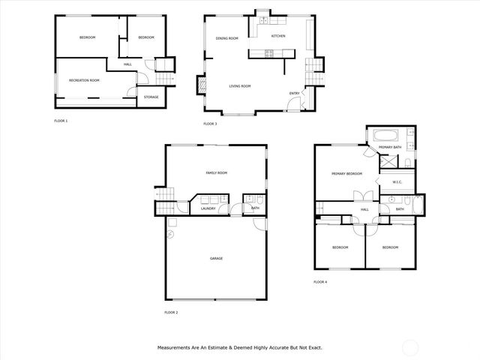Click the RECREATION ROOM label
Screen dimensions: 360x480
[84, 80]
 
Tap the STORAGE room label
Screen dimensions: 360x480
[151, 97]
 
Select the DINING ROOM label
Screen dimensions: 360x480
[227, 38]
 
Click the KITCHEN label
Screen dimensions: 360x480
[278, 36]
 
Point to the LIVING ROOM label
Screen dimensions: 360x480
[240, 86]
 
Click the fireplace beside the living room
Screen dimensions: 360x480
[201, 85]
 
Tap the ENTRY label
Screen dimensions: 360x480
[295, 93]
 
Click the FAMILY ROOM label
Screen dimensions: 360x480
[216, 173]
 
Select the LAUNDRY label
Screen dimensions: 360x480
[208, 209]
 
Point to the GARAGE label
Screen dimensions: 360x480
[216, 259]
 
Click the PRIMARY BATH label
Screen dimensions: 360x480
[390, 148]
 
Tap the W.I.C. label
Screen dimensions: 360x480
[397, 182]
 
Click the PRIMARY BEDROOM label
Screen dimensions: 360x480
[347, 174]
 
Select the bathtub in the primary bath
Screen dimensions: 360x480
[387, 136]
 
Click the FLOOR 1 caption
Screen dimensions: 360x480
[61, 121]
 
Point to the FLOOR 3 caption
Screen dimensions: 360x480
[210, 124]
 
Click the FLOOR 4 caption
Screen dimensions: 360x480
[320, 282]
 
